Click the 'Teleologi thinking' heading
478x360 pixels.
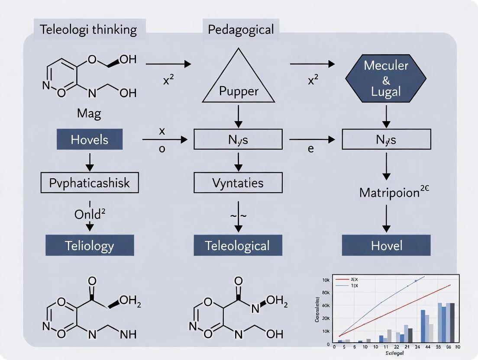point(88,29)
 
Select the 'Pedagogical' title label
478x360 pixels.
point(241,29)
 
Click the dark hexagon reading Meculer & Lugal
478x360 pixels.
point(386,78)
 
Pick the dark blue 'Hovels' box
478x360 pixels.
point(90,139)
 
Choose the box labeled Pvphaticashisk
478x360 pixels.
point(90,183)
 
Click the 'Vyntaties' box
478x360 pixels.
point(238,183)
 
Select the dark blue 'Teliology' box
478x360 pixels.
point(90,245)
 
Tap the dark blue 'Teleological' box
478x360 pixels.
point(238,245)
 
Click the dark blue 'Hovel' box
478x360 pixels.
point(386,245)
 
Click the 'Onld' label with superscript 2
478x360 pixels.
point(90,214)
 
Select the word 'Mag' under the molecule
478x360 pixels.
point(89,114)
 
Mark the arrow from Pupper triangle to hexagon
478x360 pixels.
point(312,64)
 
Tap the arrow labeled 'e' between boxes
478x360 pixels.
point(312,139)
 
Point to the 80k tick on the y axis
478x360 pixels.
point(326,293)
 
